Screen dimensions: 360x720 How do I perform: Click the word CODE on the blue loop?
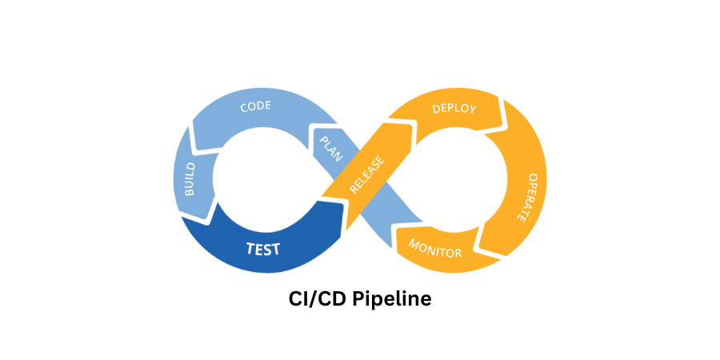click(x=257, y=107)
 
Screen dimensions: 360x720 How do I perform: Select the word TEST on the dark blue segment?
click(x=262, y=249)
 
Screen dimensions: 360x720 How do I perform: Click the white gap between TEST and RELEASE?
click(x=339, y=214)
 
